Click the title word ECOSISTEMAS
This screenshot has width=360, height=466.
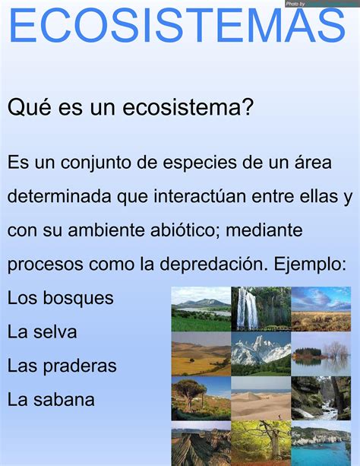point(177,25)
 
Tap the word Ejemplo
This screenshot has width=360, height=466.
point(310,265)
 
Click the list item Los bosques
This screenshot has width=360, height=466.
point(60,298)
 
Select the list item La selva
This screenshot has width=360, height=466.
point(43,331)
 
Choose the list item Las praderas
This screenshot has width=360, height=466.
point(62,366)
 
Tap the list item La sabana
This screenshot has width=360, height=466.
point(51,399)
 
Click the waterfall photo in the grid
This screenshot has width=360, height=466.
point(261,309)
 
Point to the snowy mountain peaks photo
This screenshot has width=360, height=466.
point(261,353)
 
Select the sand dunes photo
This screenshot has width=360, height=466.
point(261,398)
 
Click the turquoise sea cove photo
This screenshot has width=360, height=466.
point(321,444)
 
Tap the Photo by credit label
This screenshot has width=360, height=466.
point(295,4)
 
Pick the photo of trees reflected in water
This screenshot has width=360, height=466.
point(321,353)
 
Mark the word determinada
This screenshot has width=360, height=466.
point(59,196)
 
